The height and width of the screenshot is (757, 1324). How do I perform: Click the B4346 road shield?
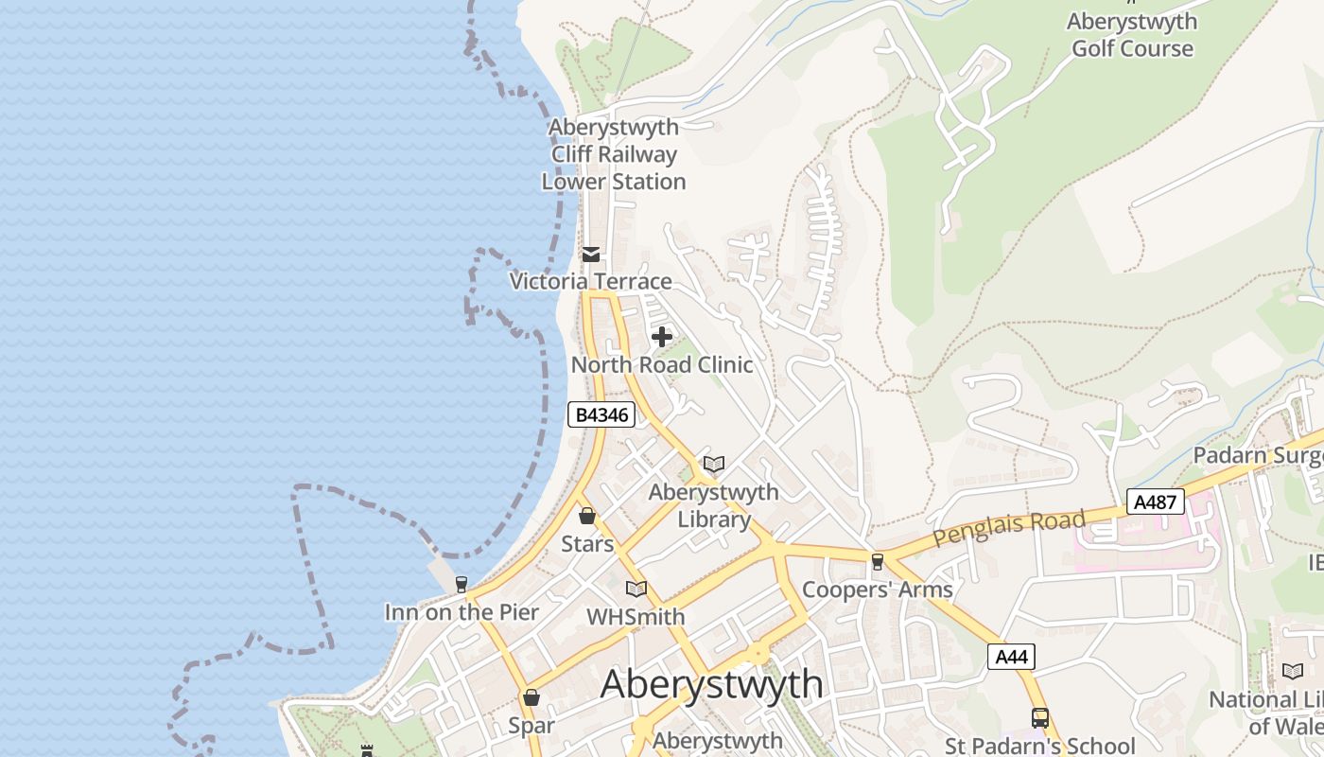[601, 414]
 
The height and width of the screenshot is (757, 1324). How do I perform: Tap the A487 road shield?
[1155, 502]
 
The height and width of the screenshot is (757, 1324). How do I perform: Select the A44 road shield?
[1011, 657]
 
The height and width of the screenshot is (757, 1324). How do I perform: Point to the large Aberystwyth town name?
[711, 684]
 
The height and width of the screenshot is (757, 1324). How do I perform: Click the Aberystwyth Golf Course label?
[1131, 35]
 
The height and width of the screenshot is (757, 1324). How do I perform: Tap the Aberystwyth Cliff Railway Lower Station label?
[614, 154]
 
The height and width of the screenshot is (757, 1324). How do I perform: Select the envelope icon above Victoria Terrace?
[591, 255]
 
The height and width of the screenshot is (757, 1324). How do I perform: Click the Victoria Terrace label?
[591, 281]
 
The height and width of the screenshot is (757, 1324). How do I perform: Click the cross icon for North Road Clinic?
[662, 337]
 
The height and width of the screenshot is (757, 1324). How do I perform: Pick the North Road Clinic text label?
[662, 365]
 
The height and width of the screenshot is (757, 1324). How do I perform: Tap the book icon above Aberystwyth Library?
[714, 464]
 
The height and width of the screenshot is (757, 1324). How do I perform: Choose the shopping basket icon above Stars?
[587, 516]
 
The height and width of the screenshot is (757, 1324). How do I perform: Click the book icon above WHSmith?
[636, 589]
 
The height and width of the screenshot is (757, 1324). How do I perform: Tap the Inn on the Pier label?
[462, 612]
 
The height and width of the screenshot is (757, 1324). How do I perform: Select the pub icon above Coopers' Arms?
[878, 561]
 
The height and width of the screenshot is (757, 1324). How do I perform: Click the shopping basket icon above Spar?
[531, 697]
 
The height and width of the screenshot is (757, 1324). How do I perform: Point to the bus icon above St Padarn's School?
[1040, 718]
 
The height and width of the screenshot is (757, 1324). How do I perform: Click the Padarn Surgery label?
[1258, 455]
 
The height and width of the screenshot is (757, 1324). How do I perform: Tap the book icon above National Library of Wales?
[1293, 671]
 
